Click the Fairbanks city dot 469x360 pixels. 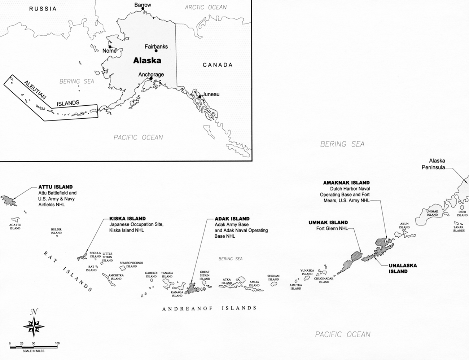coord(156,51)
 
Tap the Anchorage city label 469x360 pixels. coord(151,74)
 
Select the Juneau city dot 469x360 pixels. coord(199,96)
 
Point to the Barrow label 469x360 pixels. coord(143,5)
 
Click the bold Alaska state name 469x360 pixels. coord(147,60)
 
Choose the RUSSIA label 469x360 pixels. coord(43,9)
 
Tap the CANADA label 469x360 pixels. coord(217,65)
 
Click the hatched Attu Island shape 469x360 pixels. coord(9,200)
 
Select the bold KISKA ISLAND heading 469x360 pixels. coord(127,219)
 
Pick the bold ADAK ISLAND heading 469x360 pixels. coord(232,219)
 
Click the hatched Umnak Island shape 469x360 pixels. coord(350,263)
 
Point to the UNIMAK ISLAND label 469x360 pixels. coord(432,213)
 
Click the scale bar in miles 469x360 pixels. coord(33,347)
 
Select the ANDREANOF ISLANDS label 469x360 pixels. coord(209,308)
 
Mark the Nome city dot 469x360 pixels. coord(110,47)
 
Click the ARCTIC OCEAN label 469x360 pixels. coord(206,7)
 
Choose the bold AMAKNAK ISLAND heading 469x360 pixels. coord(346,183)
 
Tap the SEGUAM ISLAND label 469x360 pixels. coord(273,278)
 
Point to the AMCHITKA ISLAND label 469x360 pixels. coord(116,277)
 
